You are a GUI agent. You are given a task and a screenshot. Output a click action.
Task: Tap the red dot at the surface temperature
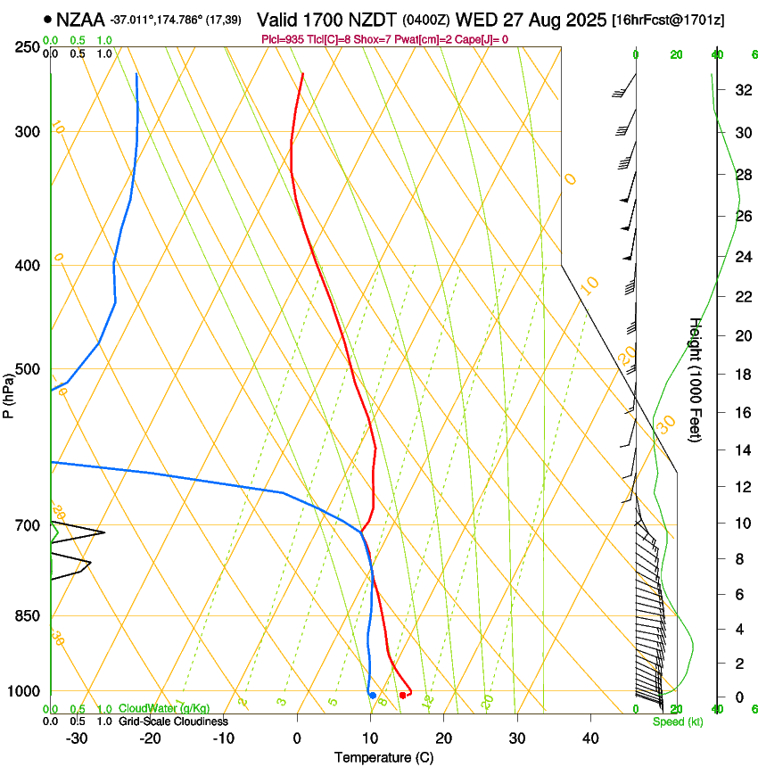[x=403, y=695]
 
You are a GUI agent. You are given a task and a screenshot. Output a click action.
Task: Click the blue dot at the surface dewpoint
[x=372, y=695]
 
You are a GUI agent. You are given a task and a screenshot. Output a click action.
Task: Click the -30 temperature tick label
[x=77, y=738]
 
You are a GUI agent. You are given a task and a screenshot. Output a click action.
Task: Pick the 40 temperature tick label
[x=590, y=738]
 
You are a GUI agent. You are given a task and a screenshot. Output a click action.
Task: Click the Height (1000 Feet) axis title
[x=696, y=379]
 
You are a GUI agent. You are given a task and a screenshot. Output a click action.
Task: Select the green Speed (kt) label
[x=677, y=722]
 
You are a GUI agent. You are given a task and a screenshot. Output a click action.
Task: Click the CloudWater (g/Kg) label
[x=164, y=709]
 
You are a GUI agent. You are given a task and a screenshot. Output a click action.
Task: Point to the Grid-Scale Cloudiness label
[x=172, y=722]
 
